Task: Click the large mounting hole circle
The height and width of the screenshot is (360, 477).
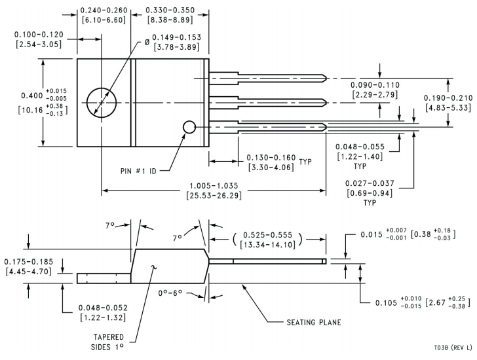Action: coord(102,103)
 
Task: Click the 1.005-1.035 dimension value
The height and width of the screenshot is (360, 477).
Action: coord(214,185)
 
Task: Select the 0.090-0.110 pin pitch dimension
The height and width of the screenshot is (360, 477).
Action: coord(375,85)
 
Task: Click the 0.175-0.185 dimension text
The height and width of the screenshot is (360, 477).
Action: coord(28,262)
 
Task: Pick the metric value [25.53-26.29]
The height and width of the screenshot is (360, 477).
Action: coord(214,196)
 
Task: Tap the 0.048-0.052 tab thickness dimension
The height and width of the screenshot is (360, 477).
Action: coord(102,308)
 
